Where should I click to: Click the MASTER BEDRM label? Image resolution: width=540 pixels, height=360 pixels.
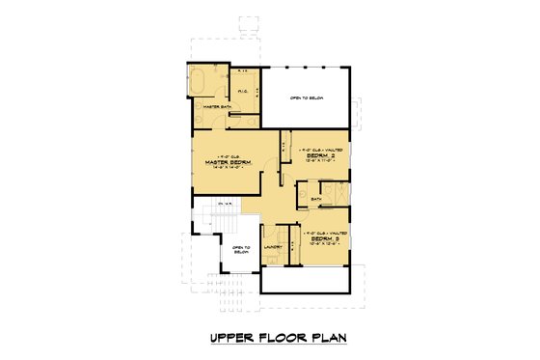[227, 163]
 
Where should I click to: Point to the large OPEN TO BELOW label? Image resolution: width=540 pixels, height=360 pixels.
[306, 98]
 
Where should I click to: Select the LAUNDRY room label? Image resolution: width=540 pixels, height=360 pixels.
[272, 246]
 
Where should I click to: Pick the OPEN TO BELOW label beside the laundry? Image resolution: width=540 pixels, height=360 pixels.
[241, 252]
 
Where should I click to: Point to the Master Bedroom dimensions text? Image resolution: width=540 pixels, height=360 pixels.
[227, 169]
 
